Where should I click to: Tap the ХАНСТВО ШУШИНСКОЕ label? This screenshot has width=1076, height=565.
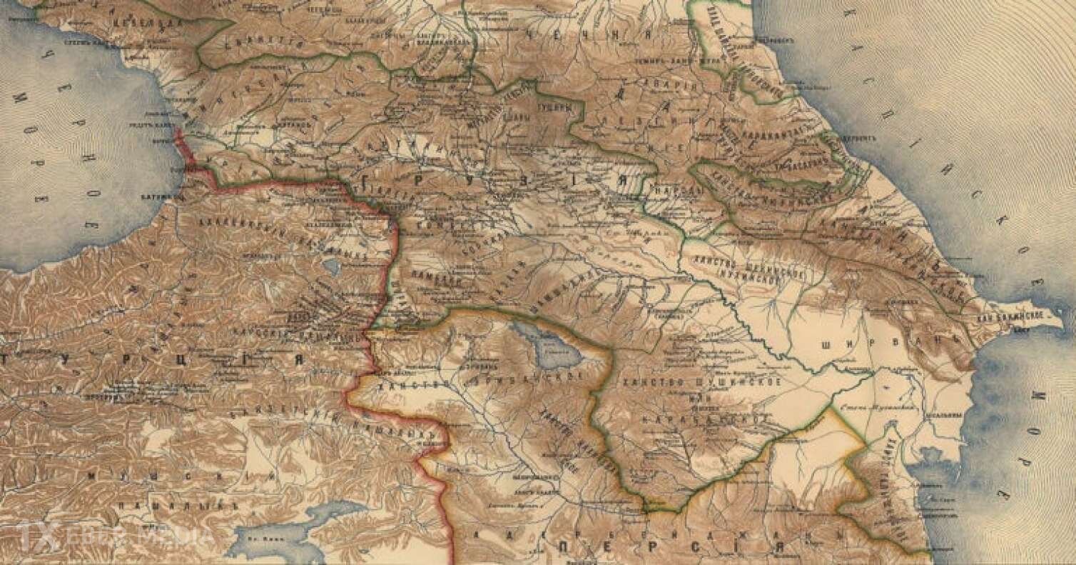click(x=702, y=382)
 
